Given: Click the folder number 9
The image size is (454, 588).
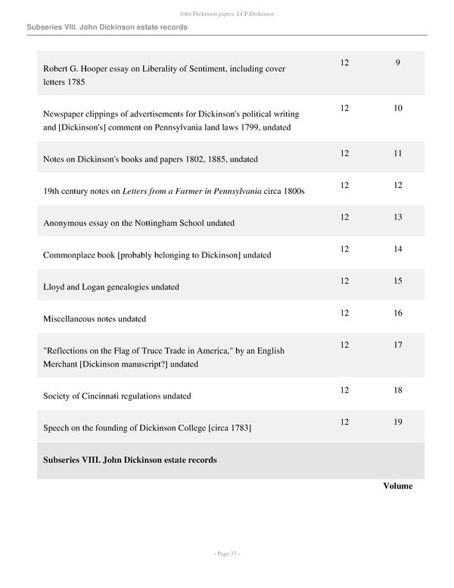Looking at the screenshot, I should pos(397,62).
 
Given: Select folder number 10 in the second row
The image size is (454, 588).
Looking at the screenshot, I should pos(398,108).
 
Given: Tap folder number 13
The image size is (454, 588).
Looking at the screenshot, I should pos(398,217).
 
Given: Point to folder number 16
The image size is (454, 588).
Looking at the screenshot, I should pos(398,313).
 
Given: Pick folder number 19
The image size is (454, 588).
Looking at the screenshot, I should pos(398,422).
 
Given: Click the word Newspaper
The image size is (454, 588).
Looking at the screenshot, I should pos(67,114).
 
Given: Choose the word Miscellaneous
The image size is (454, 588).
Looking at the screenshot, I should pos(74,319).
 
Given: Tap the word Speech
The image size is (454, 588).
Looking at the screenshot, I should pos(58,428).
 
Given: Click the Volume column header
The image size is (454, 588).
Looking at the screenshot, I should pos(397,486).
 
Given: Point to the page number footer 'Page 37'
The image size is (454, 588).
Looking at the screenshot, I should pos(227,555).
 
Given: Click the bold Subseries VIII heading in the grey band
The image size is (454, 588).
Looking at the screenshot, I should pos(130,460).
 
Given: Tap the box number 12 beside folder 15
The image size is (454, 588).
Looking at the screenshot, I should pos(344,281).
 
